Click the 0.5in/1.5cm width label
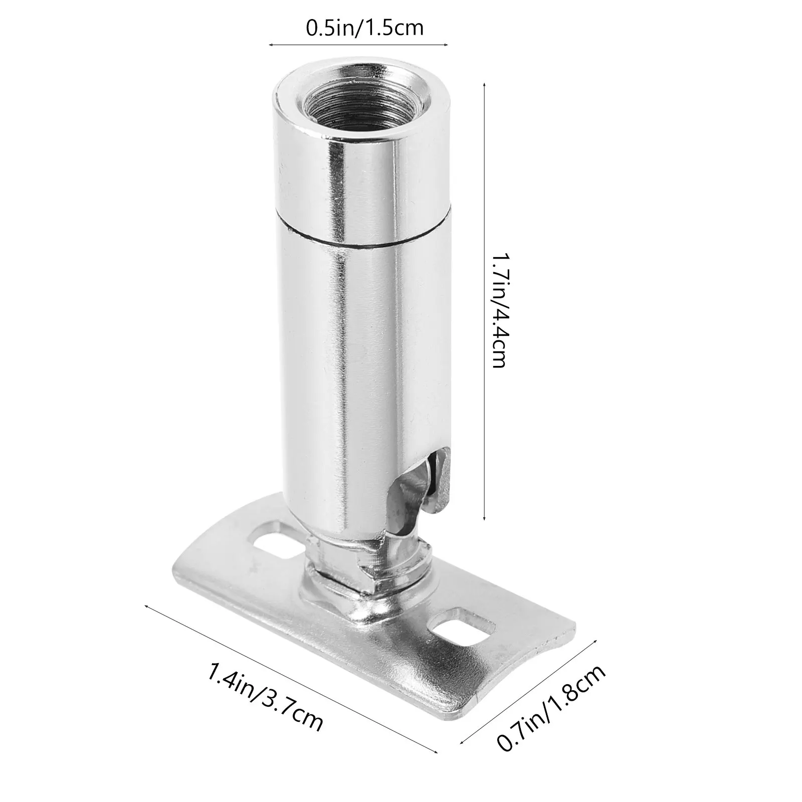click(x=365, y=28)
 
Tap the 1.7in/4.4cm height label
click(x=499, y=310)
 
